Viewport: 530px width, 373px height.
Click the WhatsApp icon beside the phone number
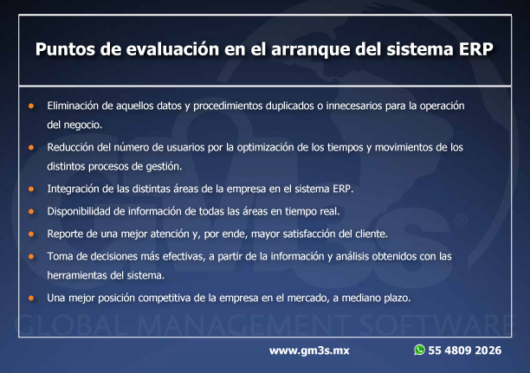[x=419, y=350]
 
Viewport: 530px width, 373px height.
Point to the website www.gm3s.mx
[x=309, y=350]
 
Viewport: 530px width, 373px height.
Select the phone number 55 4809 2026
[x=465, y=350]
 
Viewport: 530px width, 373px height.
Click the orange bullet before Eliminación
[x=31, y=106]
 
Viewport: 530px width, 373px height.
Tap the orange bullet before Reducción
[x=31, y=147]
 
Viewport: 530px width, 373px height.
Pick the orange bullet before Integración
[x=31, y=189]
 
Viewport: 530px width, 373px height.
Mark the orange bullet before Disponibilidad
[x=31, y=211]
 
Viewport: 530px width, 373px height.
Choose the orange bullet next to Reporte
[x=31, y=234]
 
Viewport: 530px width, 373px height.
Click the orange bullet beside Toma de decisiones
[x=31, y=256]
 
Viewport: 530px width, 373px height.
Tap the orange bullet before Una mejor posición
[x=31, y=298]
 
